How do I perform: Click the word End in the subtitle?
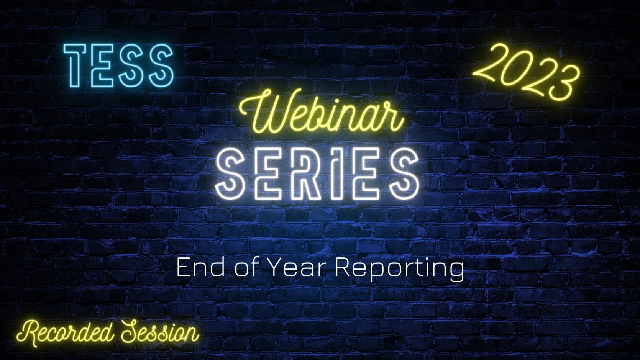coord(200,268)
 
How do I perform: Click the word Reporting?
coord(399,269)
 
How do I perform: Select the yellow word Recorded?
coord(65,333)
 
